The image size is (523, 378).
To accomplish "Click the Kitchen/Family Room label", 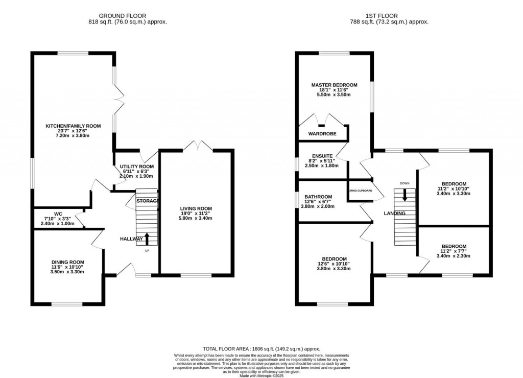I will [73, 126].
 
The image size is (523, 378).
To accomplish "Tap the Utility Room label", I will [136, 167].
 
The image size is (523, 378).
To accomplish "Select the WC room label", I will [58, 214].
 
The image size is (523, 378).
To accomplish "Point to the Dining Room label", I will [68, 262].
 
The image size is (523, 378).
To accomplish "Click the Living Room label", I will [196, 208].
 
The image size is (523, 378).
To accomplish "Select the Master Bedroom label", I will [335, 85].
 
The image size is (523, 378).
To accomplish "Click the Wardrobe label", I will [321, 134].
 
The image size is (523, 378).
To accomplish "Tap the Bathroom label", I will [318, 197].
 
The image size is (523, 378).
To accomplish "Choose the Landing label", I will [395, 214].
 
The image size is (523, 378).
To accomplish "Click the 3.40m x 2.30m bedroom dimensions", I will [454, 256].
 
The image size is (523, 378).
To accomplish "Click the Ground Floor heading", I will [127, 16].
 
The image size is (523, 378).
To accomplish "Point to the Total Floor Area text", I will [261, 348].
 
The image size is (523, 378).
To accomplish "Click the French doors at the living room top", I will [197, 147].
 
